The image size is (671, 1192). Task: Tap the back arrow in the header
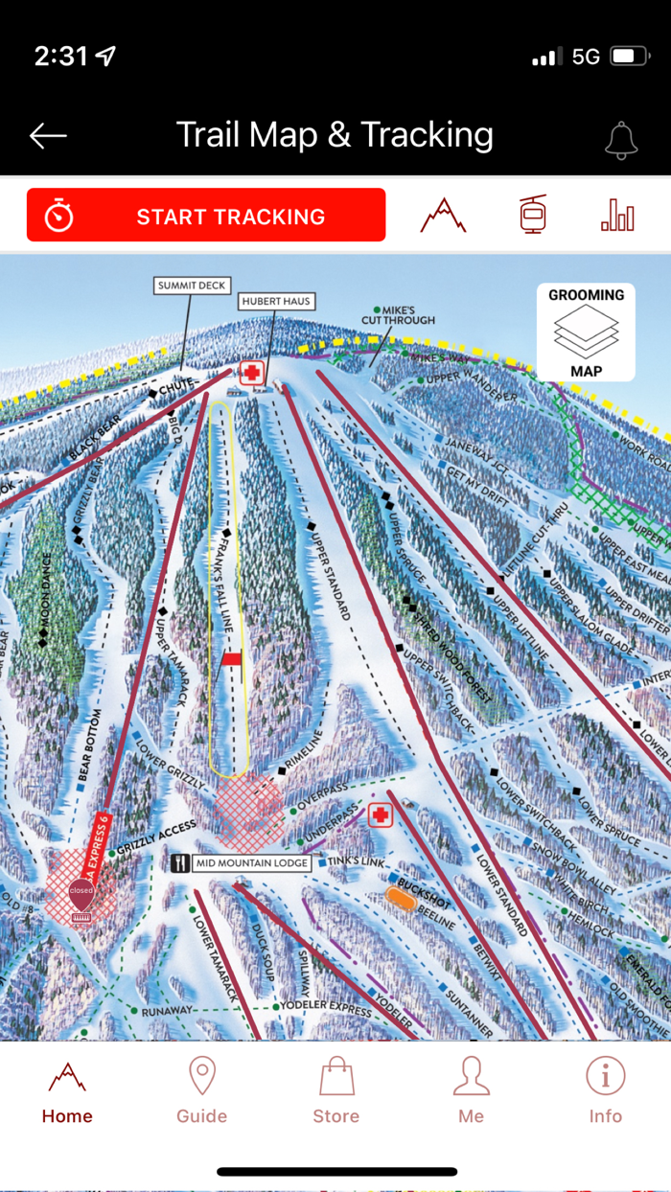click(x=48, y=136)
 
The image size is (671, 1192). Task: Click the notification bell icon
click(x=621, y=140)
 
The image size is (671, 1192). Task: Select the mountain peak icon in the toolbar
click(x=443, y=216)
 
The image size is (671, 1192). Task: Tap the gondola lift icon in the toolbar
click(x=533, y=215)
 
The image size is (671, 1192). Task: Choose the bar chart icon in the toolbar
click(x=617, y=216)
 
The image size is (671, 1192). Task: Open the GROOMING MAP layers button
click(x=586, y=332)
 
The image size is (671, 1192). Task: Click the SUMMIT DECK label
click(x=192, y=286)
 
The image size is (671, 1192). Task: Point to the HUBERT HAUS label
click(x=276, y=301)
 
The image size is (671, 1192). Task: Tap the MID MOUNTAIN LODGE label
click(x=252, y=863)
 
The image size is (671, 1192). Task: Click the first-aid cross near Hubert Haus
click(x=252, y=373)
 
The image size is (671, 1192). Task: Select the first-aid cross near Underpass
click(x=381, y=815)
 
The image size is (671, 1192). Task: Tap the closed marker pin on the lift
click(x=81, y=893)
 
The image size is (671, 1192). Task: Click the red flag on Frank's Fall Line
click(x=232, y=659)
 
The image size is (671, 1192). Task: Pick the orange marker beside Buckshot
click(x=400, y=898)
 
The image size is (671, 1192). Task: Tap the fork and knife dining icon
click(x=180, y=863)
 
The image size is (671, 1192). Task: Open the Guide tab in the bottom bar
click(x=202, y=1090)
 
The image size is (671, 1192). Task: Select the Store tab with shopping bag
click(x=336, y=1090)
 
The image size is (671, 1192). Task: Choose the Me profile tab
click(x=471, y=1090)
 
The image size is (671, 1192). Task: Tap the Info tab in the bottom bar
click(x=605, y=1090)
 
